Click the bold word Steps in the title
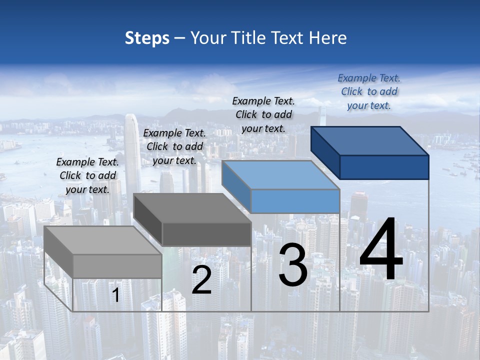(147, 38)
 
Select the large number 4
(381, 250)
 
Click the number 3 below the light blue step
(293, 265)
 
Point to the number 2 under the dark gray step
(201, 280)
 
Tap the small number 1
(116, 295)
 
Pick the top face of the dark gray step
(192, 208)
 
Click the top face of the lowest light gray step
(103, 240)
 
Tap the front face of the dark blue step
(384, 167)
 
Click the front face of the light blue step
(295, 201)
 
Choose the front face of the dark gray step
(206, 234)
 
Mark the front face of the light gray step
(117, 266)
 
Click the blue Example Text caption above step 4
(369, 91)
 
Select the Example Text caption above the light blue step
(263, 114)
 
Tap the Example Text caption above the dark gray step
(174, 146)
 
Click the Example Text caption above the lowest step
(87, 175)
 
